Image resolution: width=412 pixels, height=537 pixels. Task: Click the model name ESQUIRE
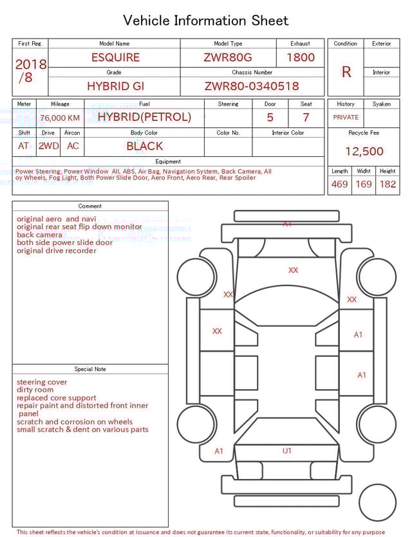(115, 57)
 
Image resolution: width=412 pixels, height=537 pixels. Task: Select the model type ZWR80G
(228, 57)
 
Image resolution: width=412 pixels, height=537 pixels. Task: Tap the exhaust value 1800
(300, 57)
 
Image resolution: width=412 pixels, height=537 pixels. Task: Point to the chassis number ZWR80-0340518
(252, 86)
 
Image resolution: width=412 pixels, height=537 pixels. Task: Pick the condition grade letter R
(346, 72)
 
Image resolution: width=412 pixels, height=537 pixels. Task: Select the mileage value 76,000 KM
(60, 118)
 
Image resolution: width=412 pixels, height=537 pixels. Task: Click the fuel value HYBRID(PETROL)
(144, 117)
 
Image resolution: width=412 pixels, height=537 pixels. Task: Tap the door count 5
(270, 118)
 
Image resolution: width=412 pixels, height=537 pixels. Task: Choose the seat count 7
(306, 118)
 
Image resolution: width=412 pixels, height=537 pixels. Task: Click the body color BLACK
(144, 146)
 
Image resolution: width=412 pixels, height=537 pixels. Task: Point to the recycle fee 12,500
(364, 152)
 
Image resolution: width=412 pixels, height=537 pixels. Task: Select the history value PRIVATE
(346, 118)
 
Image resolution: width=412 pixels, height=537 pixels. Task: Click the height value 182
(388, 185)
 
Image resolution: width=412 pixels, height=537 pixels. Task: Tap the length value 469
(339, 185)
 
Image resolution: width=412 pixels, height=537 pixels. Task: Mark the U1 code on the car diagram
(287, 451)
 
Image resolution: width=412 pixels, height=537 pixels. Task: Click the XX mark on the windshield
(294, 270)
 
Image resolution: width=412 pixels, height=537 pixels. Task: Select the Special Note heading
(90, 369)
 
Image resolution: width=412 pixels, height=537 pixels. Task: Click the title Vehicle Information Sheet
(206, 21)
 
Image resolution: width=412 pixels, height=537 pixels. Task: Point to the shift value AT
(24, 146)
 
